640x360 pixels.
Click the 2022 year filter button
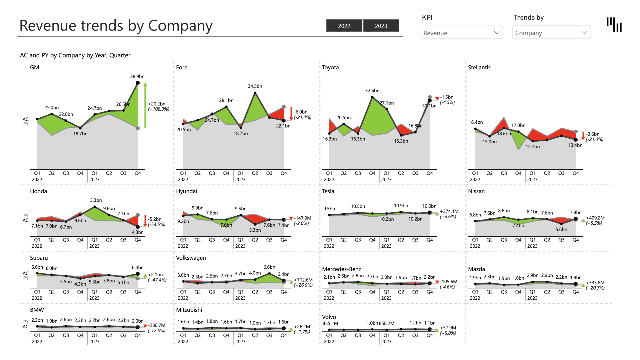(344, 26)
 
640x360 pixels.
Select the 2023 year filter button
(381, 26)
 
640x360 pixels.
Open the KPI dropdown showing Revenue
(461, 33)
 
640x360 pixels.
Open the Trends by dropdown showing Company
(551, 33)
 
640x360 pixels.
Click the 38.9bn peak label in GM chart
(137, 76)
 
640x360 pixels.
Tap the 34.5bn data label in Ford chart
(255, 86)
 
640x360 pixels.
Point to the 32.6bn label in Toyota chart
(372, 91)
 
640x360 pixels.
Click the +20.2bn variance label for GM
(157, 104)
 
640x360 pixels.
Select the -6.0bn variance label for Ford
(300, 112)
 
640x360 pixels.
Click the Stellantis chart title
(479, 67)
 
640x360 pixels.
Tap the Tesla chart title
(328, 191)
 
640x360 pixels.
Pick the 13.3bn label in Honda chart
(95, 200)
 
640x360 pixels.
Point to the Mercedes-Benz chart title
(341, 269)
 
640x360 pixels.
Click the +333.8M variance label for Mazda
(595, 283)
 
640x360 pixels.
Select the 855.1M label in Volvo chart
(330, 323)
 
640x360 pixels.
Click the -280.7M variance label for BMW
(156, 325)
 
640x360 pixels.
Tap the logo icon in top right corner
(614, 25)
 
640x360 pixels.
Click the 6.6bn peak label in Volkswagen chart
(269, 267)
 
